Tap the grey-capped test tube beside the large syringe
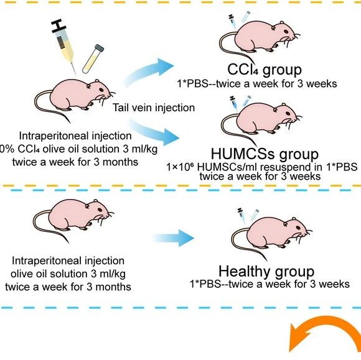click(93, 59)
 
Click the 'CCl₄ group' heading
click(265, 70)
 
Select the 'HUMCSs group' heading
click(265, 154)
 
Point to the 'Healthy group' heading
click(266, 272)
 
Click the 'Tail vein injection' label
click(154, 108)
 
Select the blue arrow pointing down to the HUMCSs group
click(153, 132)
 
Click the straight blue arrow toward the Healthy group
click(174, 238)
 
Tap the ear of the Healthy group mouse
click(286, 224)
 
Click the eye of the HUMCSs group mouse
click(288, 113)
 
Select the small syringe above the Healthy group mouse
click(241, 216)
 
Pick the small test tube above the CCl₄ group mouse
click(245, 17)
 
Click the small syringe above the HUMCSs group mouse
click(233, 103)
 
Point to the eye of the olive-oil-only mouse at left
click(100, 210)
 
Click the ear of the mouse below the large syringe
click(88, 86)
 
